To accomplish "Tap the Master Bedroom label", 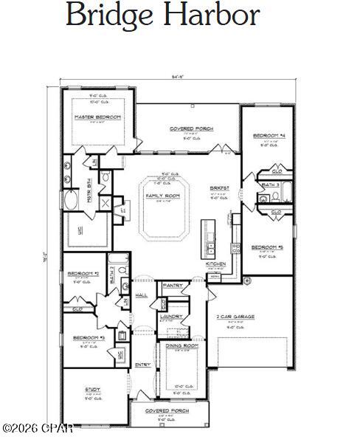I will point(97,117).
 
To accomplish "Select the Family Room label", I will point(162,196).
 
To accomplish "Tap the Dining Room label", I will point(181,345).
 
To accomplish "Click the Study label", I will point(93,389).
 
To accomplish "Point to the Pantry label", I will point(173,285).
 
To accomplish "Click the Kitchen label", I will point(215,263).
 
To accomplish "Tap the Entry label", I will point(142,365).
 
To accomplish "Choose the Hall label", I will point(142,294).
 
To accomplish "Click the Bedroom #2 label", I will point(83,273).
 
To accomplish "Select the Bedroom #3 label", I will point(83,337).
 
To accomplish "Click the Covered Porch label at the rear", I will point(191,128).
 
